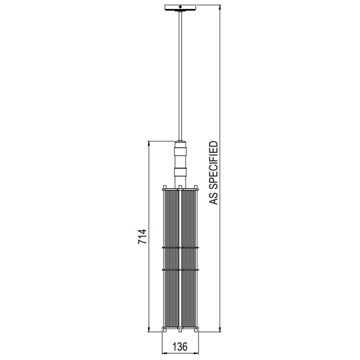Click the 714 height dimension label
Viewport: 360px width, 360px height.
click(142, 237)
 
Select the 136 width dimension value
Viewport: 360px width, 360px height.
click(180, 347)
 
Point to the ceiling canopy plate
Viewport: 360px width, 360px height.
click(180, 8)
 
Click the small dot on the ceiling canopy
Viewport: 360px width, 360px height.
click(180, 7)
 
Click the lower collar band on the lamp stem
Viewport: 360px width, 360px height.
click(180, 171)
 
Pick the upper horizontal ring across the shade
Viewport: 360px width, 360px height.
click(180, 247)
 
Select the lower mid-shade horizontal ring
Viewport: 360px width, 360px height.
click(180, 269)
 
